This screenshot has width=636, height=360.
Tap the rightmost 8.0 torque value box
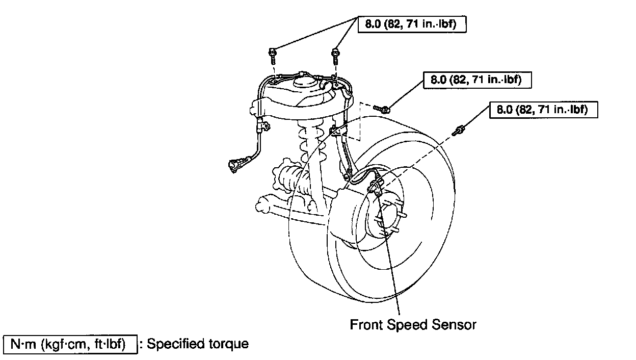[x=543, y=110]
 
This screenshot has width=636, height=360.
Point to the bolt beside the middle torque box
[x=383, y=108]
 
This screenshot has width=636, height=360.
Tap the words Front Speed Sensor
[x=413, y=324]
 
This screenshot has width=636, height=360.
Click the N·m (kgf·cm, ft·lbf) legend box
[x=71, y=344]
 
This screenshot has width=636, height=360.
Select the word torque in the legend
[x=229, y=344]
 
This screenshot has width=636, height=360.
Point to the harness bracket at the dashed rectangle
[x=337, y=133]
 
